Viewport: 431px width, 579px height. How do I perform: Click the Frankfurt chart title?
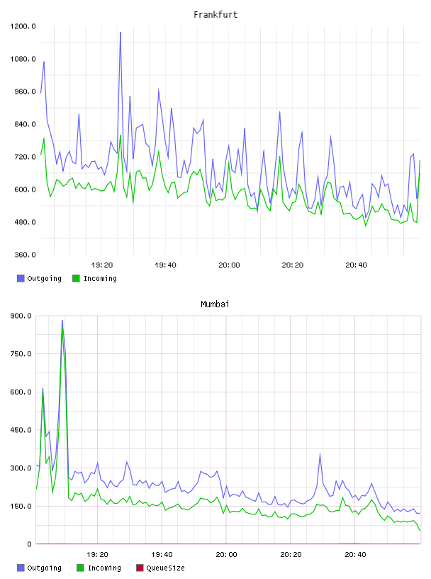coord(216,15)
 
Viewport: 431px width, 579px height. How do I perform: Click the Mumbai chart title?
coord(215,304)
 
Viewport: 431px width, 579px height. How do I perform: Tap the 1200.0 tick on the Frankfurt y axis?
coord(23,26)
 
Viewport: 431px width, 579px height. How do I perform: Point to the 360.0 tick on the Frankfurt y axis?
coord(25,255)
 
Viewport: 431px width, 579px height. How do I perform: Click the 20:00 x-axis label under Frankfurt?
coord(229,265)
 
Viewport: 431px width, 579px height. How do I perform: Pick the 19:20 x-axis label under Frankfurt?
coord(102,265)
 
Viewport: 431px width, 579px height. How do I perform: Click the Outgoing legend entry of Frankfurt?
coord(40,278)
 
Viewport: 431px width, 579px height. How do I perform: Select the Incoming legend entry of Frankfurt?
coord(95,278)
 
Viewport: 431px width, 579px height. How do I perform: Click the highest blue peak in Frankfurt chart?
coord(121,33)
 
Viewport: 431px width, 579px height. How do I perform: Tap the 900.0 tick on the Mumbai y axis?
coord(21,316)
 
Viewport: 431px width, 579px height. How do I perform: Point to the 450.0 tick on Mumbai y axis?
coord(21,430)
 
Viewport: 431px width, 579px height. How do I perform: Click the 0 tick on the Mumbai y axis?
coord(29,544)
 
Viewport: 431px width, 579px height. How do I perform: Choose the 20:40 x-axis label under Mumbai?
coord(355,555)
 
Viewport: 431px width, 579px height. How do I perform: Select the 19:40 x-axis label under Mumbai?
coord(162,555)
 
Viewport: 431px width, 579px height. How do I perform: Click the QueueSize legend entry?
coord(160,568)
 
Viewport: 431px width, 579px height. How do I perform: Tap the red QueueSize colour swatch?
coord(140,568)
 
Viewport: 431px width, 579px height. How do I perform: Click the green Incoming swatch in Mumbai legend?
coord(80,568)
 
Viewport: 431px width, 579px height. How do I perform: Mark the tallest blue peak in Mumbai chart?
coord(62,321)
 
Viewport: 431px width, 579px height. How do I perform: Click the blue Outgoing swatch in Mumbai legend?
coord(21,568)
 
